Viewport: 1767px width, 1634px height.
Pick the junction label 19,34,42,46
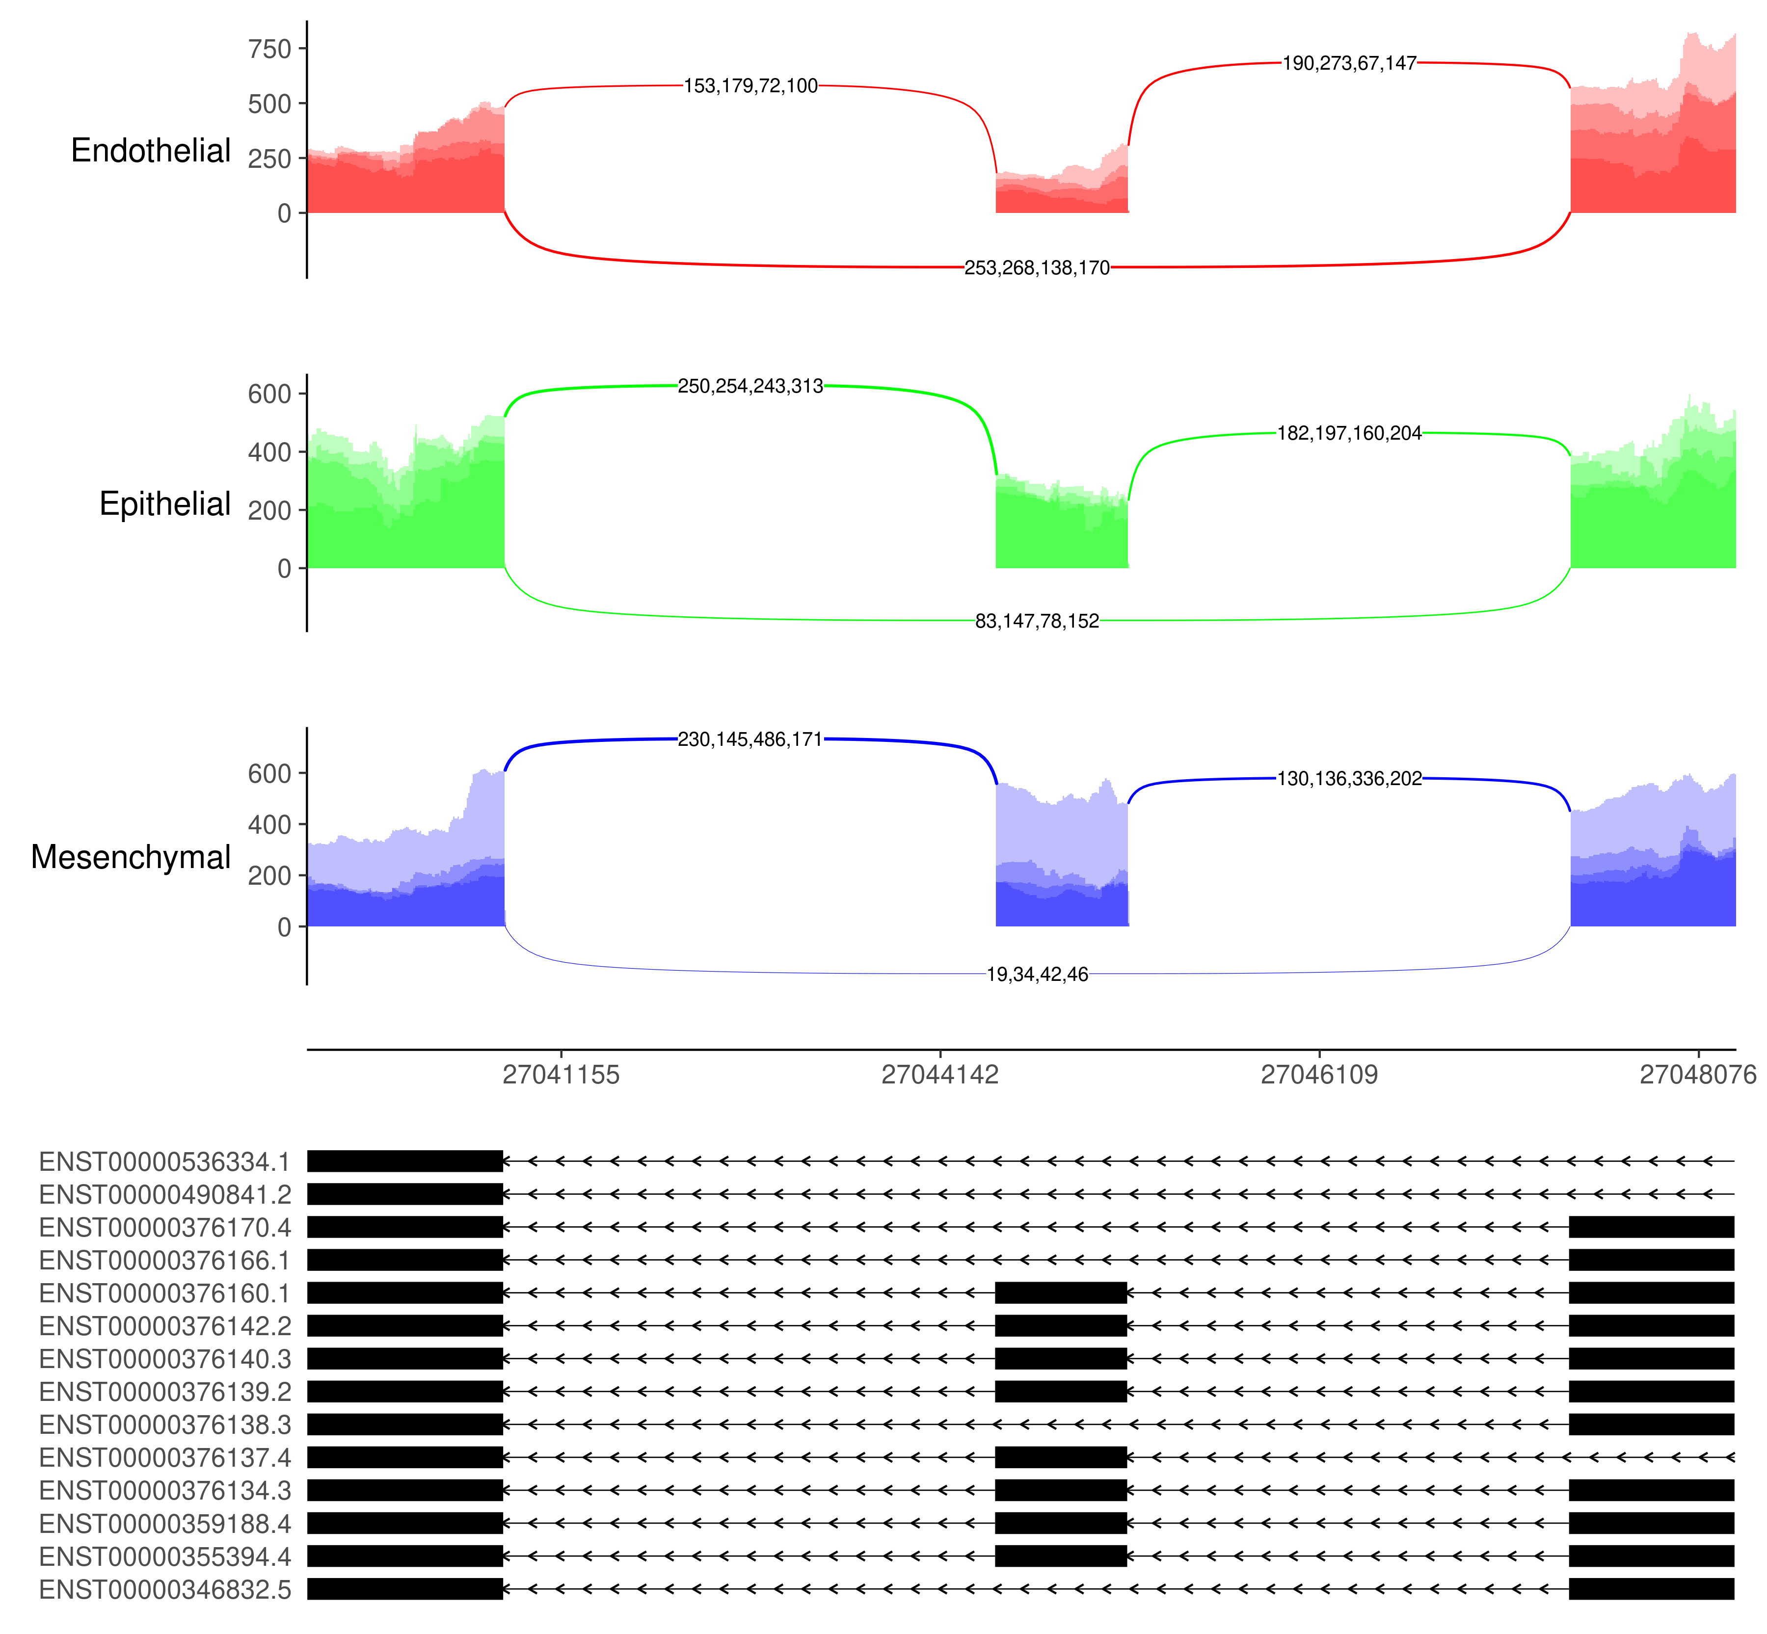tap(1037, 975)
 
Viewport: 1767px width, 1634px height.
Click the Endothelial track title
tap(150, 150)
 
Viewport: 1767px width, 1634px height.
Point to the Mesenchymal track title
tap(131, 857)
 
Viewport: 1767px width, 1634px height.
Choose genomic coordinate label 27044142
tap(939, 1075)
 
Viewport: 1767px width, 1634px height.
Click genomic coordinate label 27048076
tap(1697, 1075)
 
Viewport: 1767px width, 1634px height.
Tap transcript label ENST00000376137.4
tap(164, 1457)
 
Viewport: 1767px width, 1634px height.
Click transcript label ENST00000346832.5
tap(164, 1590)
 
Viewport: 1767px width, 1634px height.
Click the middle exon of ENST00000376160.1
tap(1060, 1292)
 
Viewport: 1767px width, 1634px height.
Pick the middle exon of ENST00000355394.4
tap(1060, 1556)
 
